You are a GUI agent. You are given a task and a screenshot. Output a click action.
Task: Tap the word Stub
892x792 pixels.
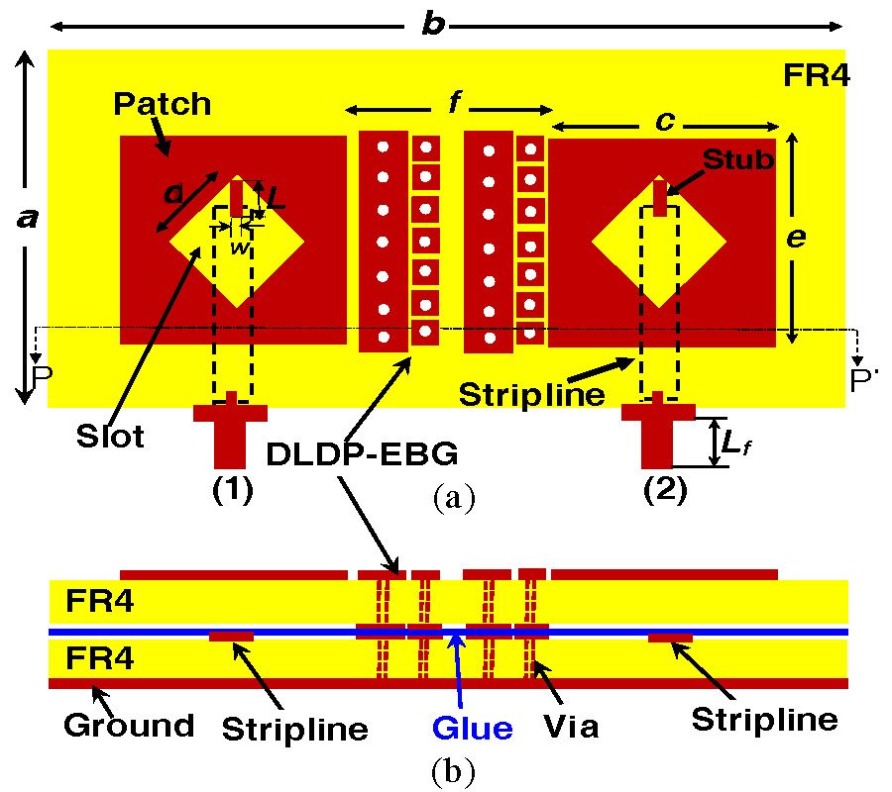point(737,159)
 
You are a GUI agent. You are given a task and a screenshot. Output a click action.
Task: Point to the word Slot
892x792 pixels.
point(109,435)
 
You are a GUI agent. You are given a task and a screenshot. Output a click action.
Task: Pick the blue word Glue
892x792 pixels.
point(472,729)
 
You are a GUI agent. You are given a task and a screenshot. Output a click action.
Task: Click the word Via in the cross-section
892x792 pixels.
point(572,728)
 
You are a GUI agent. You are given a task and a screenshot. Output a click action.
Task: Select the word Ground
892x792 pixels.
point(130,726)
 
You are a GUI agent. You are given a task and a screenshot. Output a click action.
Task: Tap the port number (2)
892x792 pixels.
point(664,489)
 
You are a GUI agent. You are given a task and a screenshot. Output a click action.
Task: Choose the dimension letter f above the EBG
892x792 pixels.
point(453,102)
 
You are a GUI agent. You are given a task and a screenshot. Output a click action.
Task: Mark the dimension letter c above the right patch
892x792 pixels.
point(665,121)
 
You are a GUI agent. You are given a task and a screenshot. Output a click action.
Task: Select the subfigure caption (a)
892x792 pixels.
point(454,498)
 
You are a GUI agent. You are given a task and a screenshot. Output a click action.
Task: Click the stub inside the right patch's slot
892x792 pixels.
point(659,197)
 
